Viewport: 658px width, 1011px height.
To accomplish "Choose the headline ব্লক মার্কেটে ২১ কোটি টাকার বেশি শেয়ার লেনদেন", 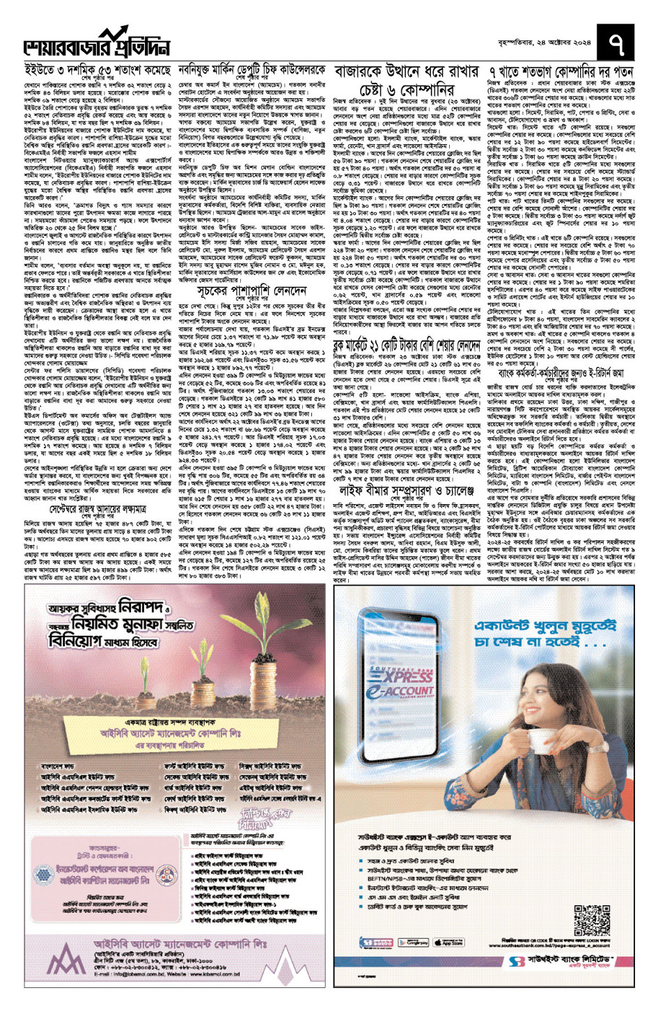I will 407,345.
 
